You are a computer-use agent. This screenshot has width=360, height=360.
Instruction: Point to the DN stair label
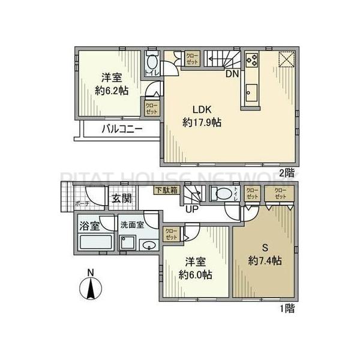[232, 74]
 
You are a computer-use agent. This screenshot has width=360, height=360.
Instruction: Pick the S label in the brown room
[265, 248]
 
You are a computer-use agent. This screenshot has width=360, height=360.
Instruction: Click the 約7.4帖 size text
[265, 262]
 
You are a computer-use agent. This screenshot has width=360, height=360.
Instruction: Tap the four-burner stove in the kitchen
[251, 61]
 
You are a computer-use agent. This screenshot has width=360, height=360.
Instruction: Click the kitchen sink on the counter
[251, 94]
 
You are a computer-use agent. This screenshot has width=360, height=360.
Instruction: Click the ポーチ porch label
[82, 204]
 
